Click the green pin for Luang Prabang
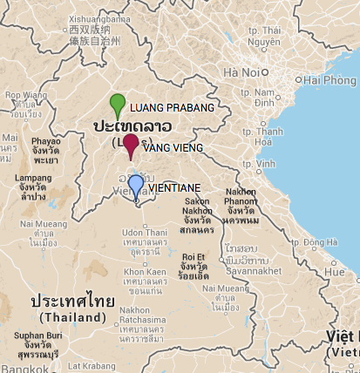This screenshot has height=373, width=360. pyautogui.click(x=118, y=104)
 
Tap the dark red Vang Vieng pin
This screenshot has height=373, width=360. pyautogui.click(x=131, y=145)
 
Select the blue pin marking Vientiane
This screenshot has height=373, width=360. pyautogui.click(x=135, y=186)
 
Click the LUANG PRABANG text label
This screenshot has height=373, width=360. pyautogui.click(x=171, y=108)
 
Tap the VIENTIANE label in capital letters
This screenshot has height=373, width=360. pyautogui.click(x=175, y=187)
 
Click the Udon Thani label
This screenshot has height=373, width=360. pyautogui.click(x=144, y=233)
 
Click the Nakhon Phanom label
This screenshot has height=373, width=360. pyautogui.click(x=240, y=197)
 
